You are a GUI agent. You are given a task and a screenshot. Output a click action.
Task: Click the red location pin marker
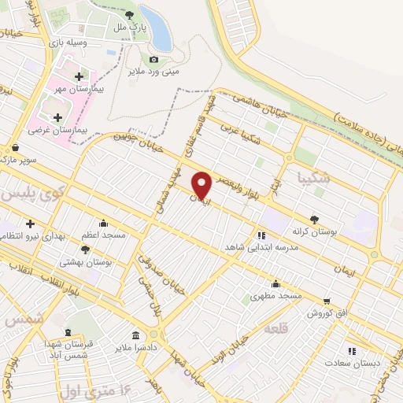point(202,185)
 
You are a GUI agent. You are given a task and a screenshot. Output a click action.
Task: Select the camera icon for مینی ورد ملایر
point(153,60)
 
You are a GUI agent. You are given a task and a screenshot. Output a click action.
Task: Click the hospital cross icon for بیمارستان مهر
point(79,76)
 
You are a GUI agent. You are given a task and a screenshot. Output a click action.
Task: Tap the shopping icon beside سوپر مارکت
point(16,147)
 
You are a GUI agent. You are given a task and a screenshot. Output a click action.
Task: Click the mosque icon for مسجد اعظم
point(103,223)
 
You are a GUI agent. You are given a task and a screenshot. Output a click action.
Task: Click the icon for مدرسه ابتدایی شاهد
point(261,235)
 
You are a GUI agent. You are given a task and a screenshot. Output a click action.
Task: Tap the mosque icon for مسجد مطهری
point(275,284)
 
